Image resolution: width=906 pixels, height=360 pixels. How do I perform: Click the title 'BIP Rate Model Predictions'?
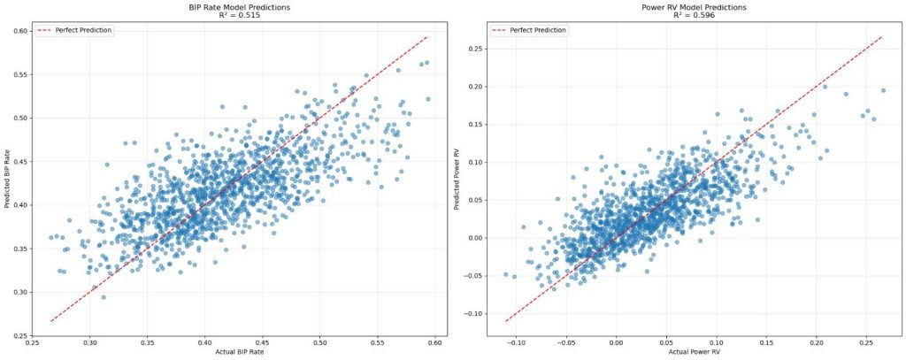(x=239, y=7)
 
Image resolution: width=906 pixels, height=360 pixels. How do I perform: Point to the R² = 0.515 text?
(x=239, y=15)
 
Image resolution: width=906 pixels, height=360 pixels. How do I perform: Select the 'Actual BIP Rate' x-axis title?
(x=239, y=354)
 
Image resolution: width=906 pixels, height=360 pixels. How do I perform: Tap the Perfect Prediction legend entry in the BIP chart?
(x=73, y=30)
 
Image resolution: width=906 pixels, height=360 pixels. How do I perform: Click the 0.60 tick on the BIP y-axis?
(x=17, y=31)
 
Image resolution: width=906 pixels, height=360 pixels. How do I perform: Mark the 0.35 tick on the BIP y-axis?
(x=17, y=249)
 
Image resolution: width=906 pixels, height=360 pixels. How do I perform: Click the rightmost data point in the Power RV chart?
(x=883, y=90)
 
